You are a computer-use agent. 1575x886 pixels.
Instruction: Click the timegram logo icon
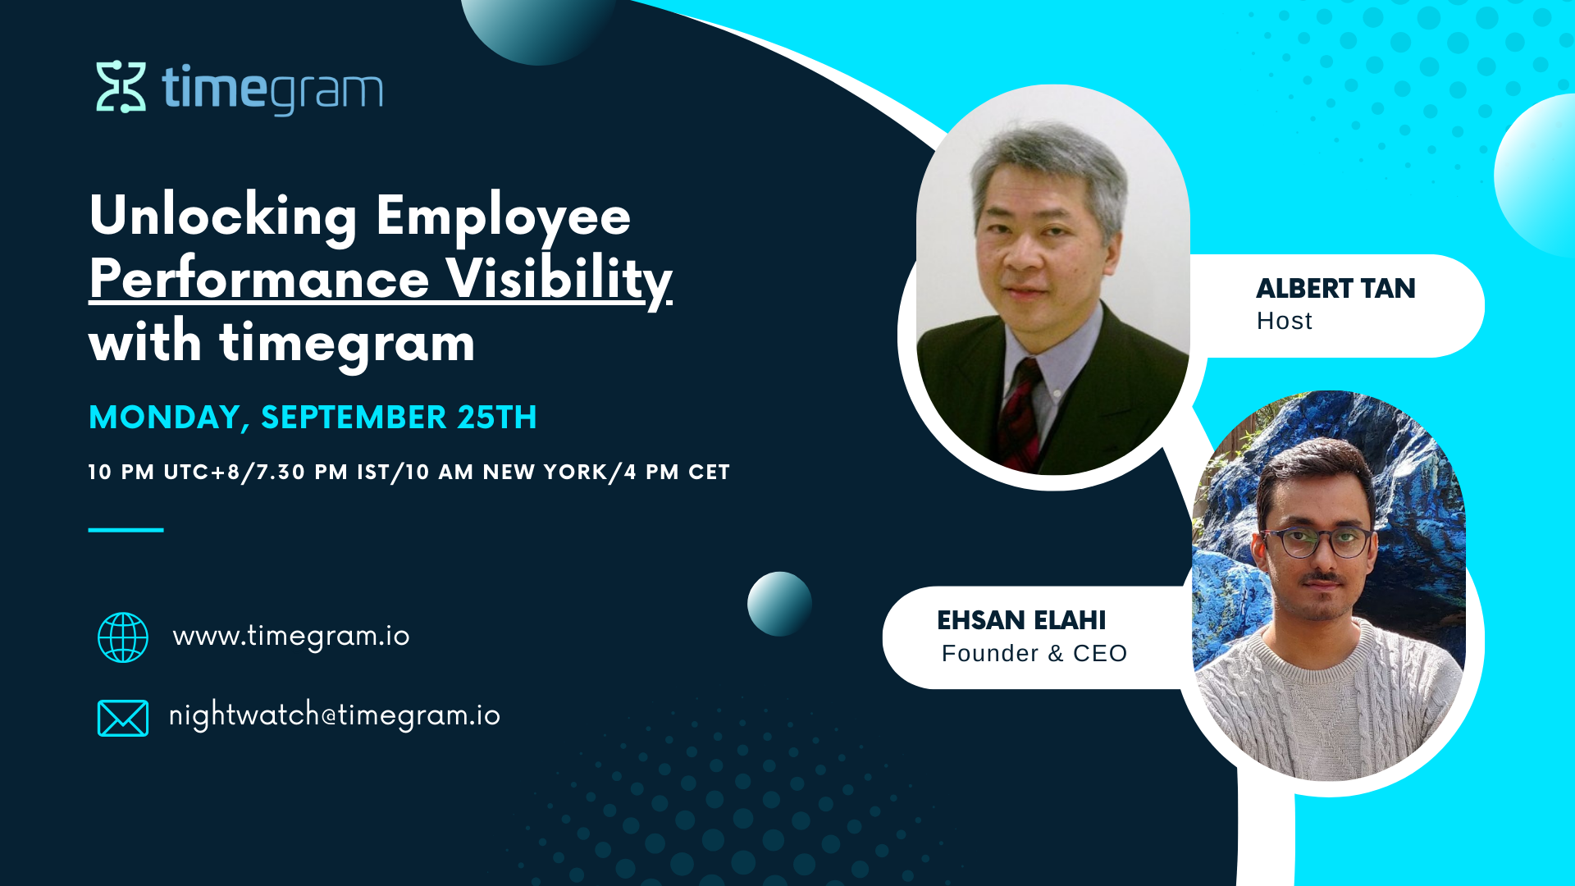[x=121, y=86]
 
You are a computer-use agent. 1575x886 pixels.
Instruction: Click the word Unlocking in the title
[x=223, y=216]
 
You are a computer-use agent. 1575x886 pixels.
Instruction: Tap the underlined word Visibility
[x=559, y=280]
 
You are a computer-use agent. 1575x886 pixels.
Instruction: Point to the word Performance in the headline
[x=259, y=279]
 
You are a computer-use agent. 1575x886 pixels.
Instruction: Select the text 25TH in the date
[x=497, y=418]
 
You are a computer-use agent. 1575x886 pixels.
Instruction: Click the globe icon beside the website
[x=123, y=637]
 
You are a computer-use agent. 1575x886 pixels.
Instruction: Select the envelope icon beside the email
[x=123, y=718]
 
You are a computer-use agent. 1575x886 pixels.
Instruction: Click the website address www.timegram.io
[x=291, y=637]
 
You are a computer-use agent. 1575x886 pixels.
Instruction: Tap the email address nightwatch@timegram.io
[x=335, y=715]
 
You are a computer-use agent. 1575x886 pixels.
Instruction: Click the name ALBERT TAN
[x=1335, y=289]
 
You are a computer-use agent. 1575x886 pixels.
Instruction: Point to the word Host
[x=1285, y=321]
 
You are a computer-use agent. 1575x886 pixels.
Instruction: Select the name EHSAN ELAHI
[x=1021, y=620]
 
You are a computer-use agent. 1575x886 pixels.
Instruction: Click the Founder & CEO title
[x=1034, y=654]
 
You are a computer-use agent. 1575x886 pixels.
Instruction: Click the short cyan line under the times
[x=126, y=530]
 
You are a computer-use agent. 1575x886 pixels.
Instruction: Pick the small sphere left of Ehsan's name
[x=779, y=604]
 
